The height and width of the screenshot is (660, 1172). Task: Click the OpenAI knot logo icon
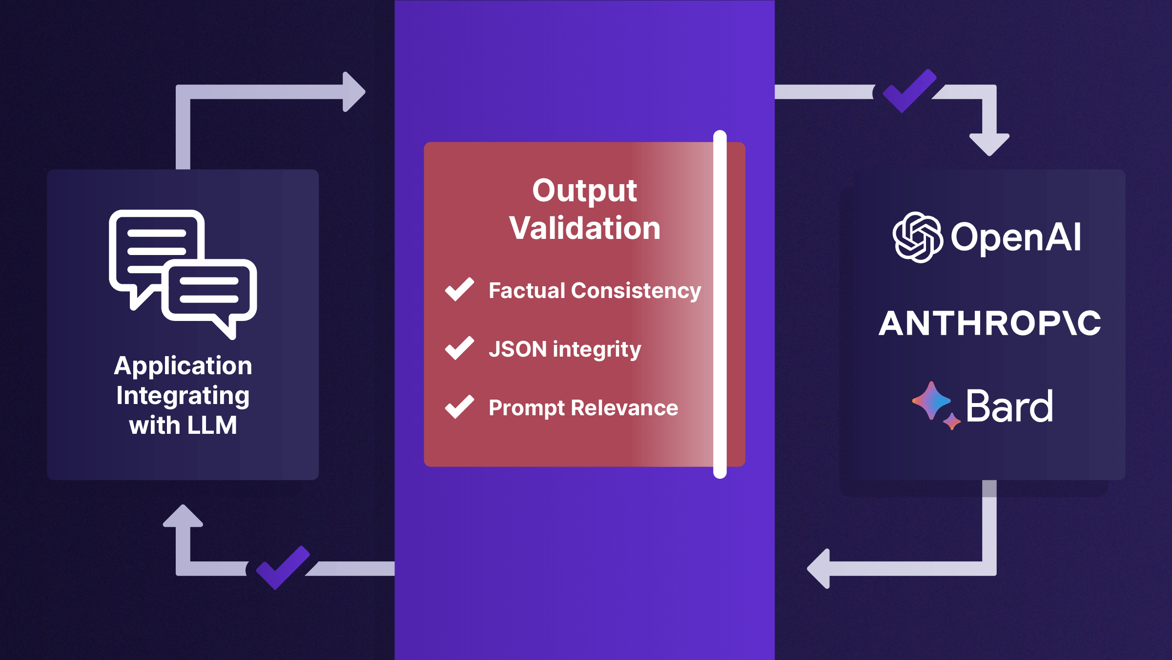pyautogui.click(x=918, y=237)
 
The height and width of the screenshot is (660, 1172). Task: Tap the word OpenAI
pyautogui.click(x=1016, y=237)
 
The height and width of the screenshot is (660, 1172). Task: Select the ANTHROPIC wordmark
pyautogui.click(x=990, y=323)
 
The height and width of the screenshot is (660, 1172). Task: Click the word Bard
pyautogui.click(x=1009, y=406)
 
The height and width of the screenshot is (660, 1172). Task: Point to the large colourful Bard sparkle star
pyautogui.click(x=930, y=401)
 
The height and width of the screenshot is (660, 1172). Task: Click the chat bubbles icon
pyautogui.click(x=183, y=274)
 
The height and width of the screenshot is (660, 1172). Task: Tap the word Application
pyautogui.click(x=183, y=366)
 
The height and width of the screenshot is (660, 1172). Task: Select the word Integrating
pyautogui.click(x=183, y=396)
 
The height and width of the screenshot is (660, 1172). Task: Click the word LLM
pyautogui.click(x=212, y=426)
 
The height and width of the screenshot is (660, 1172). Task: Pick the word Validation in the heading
pyautogui.click(x=584, y=228)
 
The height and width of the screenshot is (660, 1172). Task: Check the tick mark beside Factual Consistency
pyautogui.click(x=459, y=289)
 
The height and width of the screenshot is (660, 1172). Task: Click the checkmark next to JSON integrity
pyautogui.click(x=459, y=348)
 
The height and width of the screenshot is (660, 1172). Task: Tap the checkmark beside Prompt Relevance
pyautogui.click(x=459, y=406)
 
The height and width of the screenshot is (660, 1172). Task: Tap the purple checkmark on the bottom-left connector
pyautogui.click(x=283, y=568)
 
